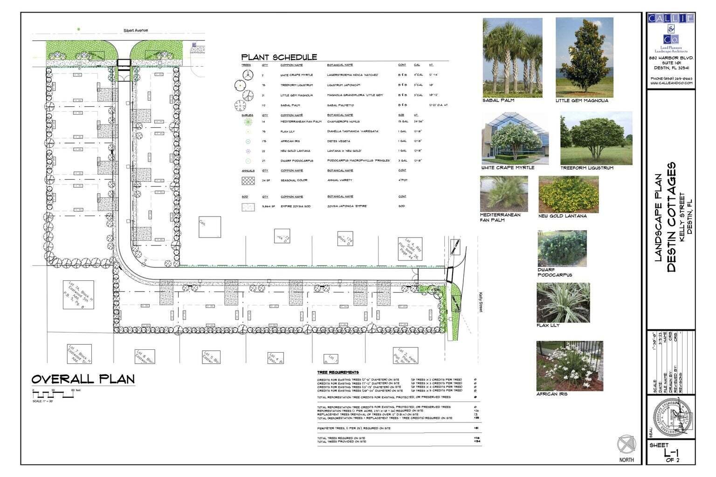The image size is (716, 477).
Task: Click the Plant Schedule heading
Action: click(279, 57)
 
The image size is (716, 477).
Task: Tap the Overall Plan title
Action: click(83, 379)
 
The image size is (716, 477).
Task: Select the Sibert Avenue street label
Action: click(135, 30)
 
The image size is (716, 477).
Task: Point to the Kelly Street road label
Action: click(480, 302)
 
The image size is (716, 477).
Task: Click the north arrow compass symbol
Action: click(626, 444)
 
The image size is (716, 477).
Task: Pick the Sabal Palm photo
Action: click(512, 58)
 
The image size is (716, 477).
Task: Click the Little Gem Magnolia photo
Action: click(584, 58)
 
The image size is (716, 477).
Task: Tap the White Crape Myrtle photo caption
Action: click(508, 168)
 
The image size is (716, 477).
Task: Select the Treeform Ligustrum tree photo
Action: click(596, 138)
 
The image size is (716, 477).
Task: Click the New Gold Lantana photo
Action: click(568, 194)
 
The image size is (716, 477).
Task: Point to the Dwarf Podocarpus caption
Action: click(554, 273)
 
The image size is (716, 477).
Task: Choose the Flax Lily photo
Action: click(563, 302)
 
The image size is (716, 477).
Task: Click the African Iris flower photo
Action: click(569, 366)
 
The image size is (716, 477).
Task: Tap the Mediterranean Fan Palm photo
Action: click(503, 194)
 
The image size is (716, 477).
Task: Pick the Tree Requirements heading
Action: click(338, 373)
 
